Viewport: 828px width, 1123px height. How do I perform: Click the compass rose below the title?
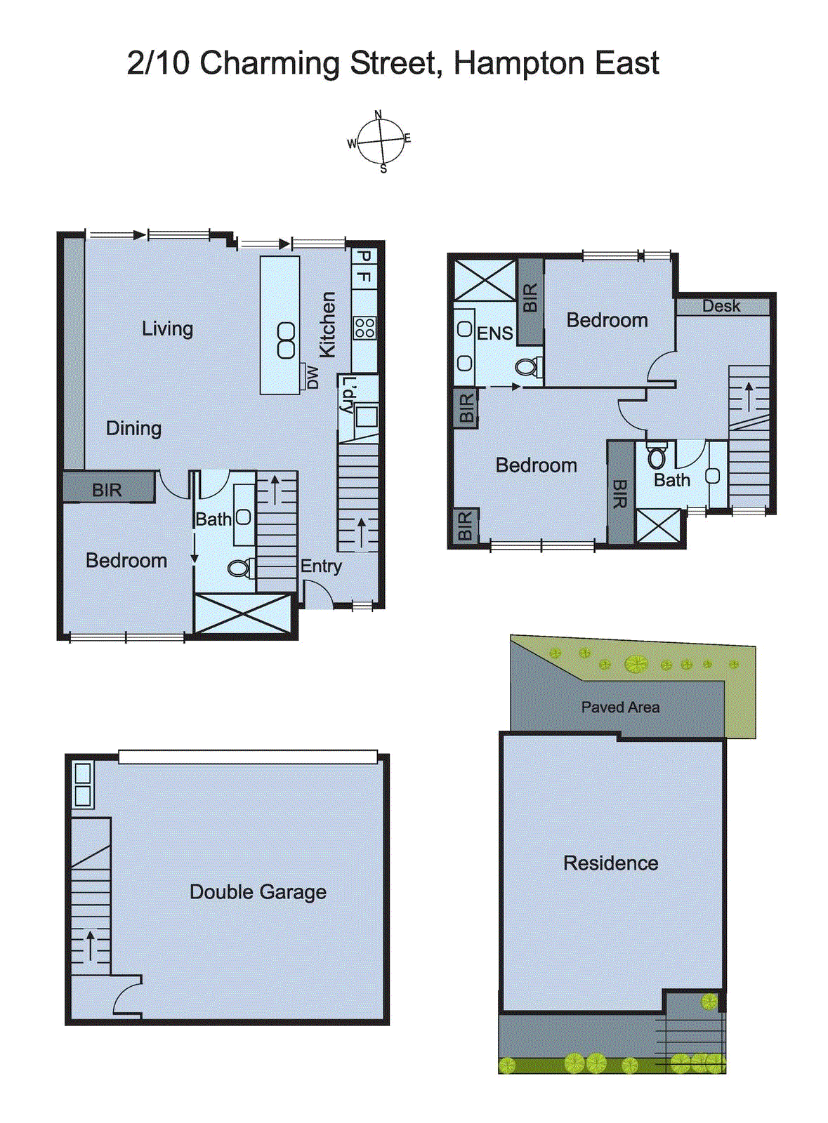[381, 141]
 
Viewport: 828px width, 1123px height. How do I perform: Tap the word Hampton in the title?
[518, 63]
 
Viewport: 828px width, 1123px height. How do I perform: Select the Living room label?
[167, 328]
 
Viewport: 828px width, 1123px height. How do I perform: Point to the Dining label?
[133, 428]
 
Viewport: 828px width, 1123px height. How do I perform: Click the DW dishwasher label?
[313, 378]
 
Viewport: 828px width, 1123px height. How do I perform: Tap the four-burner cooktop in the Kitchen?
[364, 328]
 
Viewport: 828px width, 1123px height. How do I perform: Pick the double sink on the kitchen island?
[286, 340]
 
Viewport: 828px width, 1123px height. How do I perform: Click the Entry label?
[321, 566]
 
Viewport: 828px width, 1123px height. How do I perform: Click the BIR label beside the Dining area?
[107, 490]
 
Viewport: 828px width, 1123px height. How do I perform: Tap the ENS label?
[494, 333]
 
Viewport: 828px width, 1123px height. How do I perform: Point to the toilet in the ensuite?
[527, 366]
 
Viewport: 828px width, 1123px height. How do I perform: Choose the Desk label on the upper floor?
[721, 306]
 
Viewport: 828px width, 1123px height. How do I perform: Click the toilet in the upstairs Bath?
[657, 458]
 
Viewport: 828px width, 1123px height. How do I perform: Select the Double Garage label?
[258, 892]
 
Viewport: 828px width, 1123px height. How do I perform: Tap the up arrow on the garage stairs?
[91, 945]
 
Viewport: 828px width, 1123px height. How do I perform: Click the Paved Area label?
[620, 707]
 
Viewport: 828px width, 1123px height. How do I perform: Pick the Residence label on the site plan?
[610, 863]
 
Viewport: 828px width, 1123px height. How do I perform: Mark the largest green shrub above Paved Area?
[636, 663]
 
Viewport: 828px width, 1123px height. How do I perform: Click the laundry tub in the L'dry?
[366, 417]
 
